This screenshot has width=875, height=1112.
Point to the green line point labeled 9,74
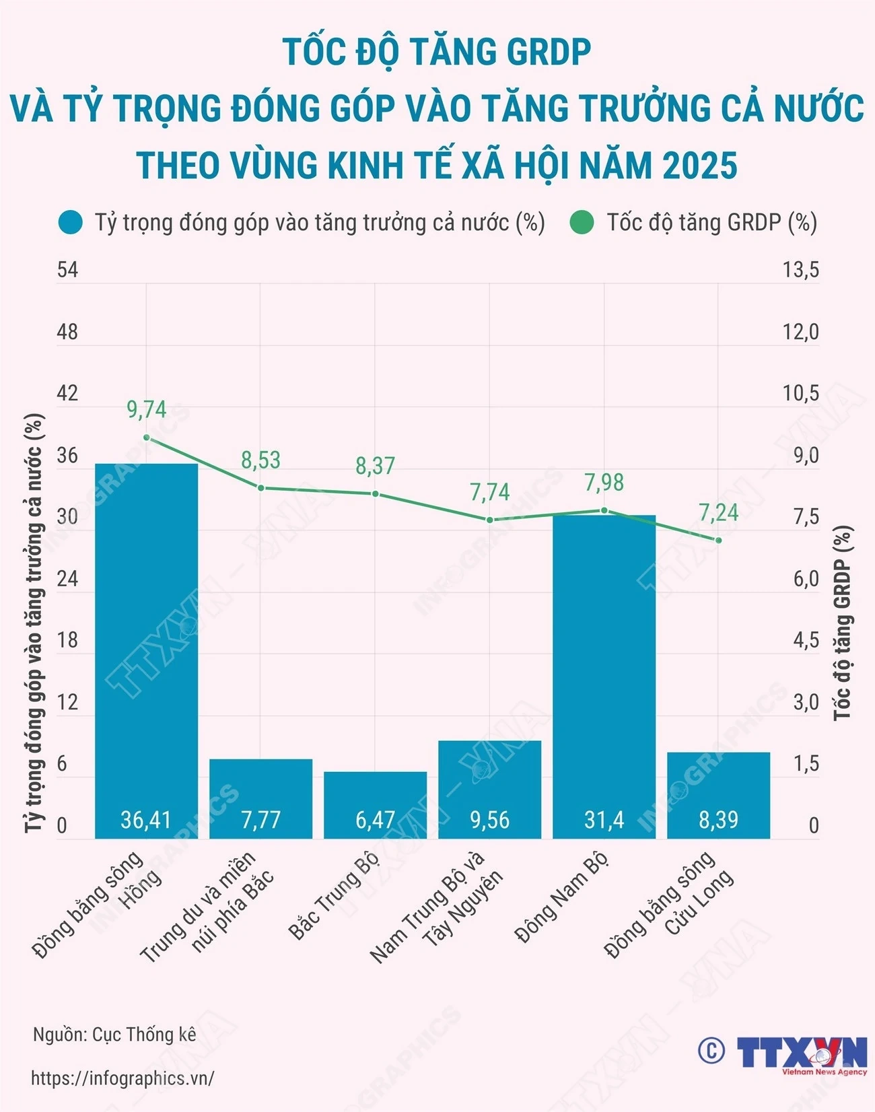coord(147,438)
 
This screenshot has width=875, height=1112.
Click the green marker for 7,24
coord(718,540)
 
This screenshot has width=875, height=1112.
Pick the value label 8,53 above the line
coord(260,460)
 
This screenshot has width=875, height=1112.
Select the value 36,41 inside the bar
coord(146,820)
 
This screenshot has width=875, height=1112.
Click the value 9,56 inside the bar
coord(489,820)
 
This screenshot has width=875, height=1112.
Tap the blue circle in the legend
coord(70,223)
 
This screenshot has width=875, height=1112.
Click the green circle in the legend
coord(582,223)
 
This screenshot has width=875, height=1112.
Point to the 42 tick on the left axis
coord(67,393)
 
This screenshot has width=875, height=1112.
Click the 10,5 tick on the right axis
coord(800,393)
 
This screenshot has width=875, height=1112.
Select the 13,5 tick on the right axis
coord(800,270)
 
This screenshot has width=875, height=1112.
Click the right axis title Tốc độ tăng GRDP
coord(843,623)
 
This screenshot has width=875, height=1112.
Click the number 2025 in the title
coord(700,166)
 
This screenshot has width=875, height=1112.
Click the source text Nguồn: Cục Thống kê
coord(114,1035)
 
